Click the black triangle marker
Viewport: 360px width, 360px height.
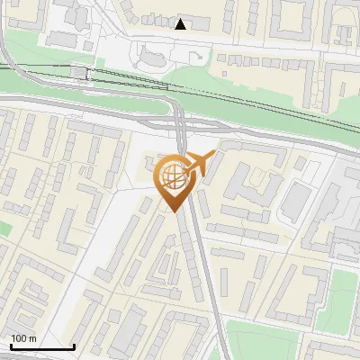[x=181, y=23]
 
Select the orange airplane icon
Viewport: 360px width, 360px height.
[x=199, y=165]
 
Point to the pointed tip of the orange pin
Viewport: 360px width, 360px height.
[x=173, y=211]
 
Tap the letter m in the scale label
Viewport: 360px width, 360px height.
[x=33, y=338]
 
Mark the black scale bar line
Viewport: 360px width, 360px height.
[x=42, y=346]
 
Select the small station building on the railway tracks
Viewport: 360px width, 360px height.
[x=80, y=72]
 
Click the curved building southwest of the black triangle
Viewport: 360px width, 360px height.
[x=149, y=59]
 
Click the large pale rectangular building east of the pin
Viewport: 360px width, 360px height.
[x=295, y=200]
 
